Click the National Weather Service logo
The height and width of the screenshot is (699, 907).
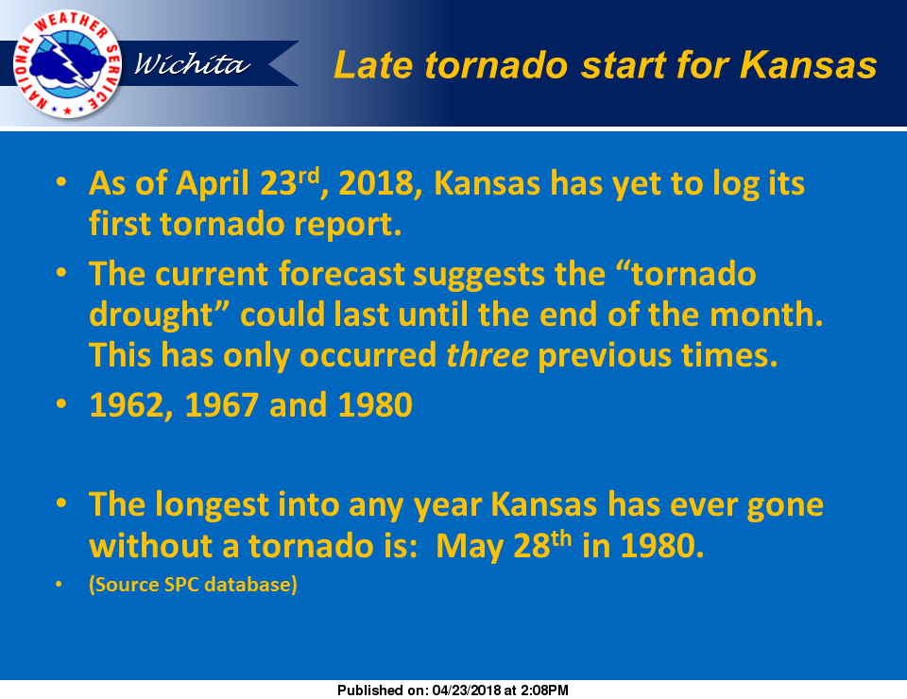coord(67,64)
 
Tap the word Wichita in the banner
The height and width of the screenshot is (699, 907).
coord(192,63)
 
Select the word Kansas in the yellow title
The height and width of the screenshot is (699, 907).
coord(808,64)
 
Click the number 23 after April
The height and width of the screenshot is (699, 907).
coord(278,184)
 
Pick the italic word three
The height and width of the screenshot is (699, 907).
coord(488,355)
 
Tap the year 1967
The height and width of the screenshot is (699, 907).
coord(221,405)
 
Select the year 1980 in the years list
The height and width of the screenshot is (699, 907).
coord(375,405)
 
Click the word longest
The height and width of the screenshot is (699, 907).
coord(211,505)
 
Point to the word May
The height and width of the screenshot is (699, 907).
coord(470,547)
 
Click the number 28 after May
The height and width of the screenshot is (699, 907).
coord(532,546)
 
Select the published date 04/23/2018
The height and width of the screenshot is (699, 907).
coord(466,690)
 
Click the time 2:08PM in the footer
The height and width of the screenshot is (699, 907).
coord(544,690)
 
